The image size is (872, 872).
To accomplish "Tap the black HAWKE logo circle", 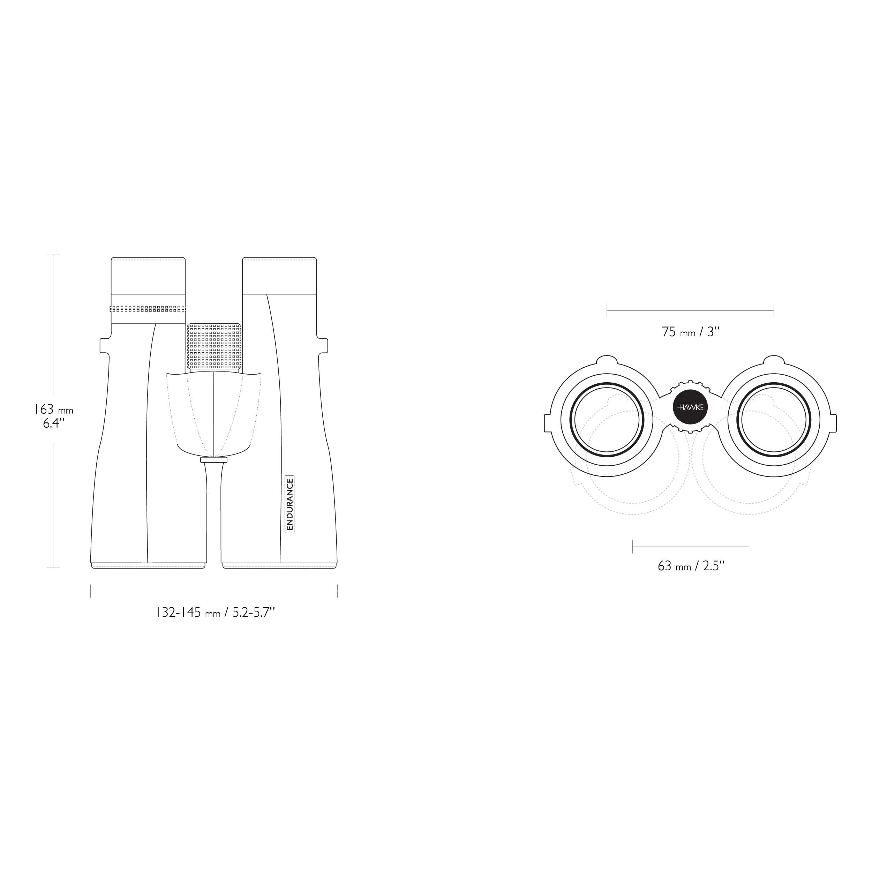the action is click(x=691, y=407).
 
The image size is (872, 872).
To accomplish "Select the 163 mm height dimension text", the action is click(x=54, y=410).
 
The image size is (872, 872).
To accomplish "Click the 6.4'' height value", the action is click(x=54, y=423).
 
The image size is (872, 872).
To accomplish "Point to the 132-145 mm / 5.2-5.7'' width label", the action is click(x=215, y=612).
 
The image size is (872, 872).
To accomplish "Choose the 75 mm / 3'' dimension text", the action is click(x=691, y=332).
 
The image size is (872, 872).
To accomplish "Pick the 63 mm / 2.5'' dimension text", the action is click(x=691, y=566).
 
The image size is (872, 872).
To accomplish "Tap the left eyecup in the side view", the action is click(x=148, y=275).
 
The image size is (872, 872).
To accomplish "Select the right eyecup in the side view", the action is click(x=279, y=275).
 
